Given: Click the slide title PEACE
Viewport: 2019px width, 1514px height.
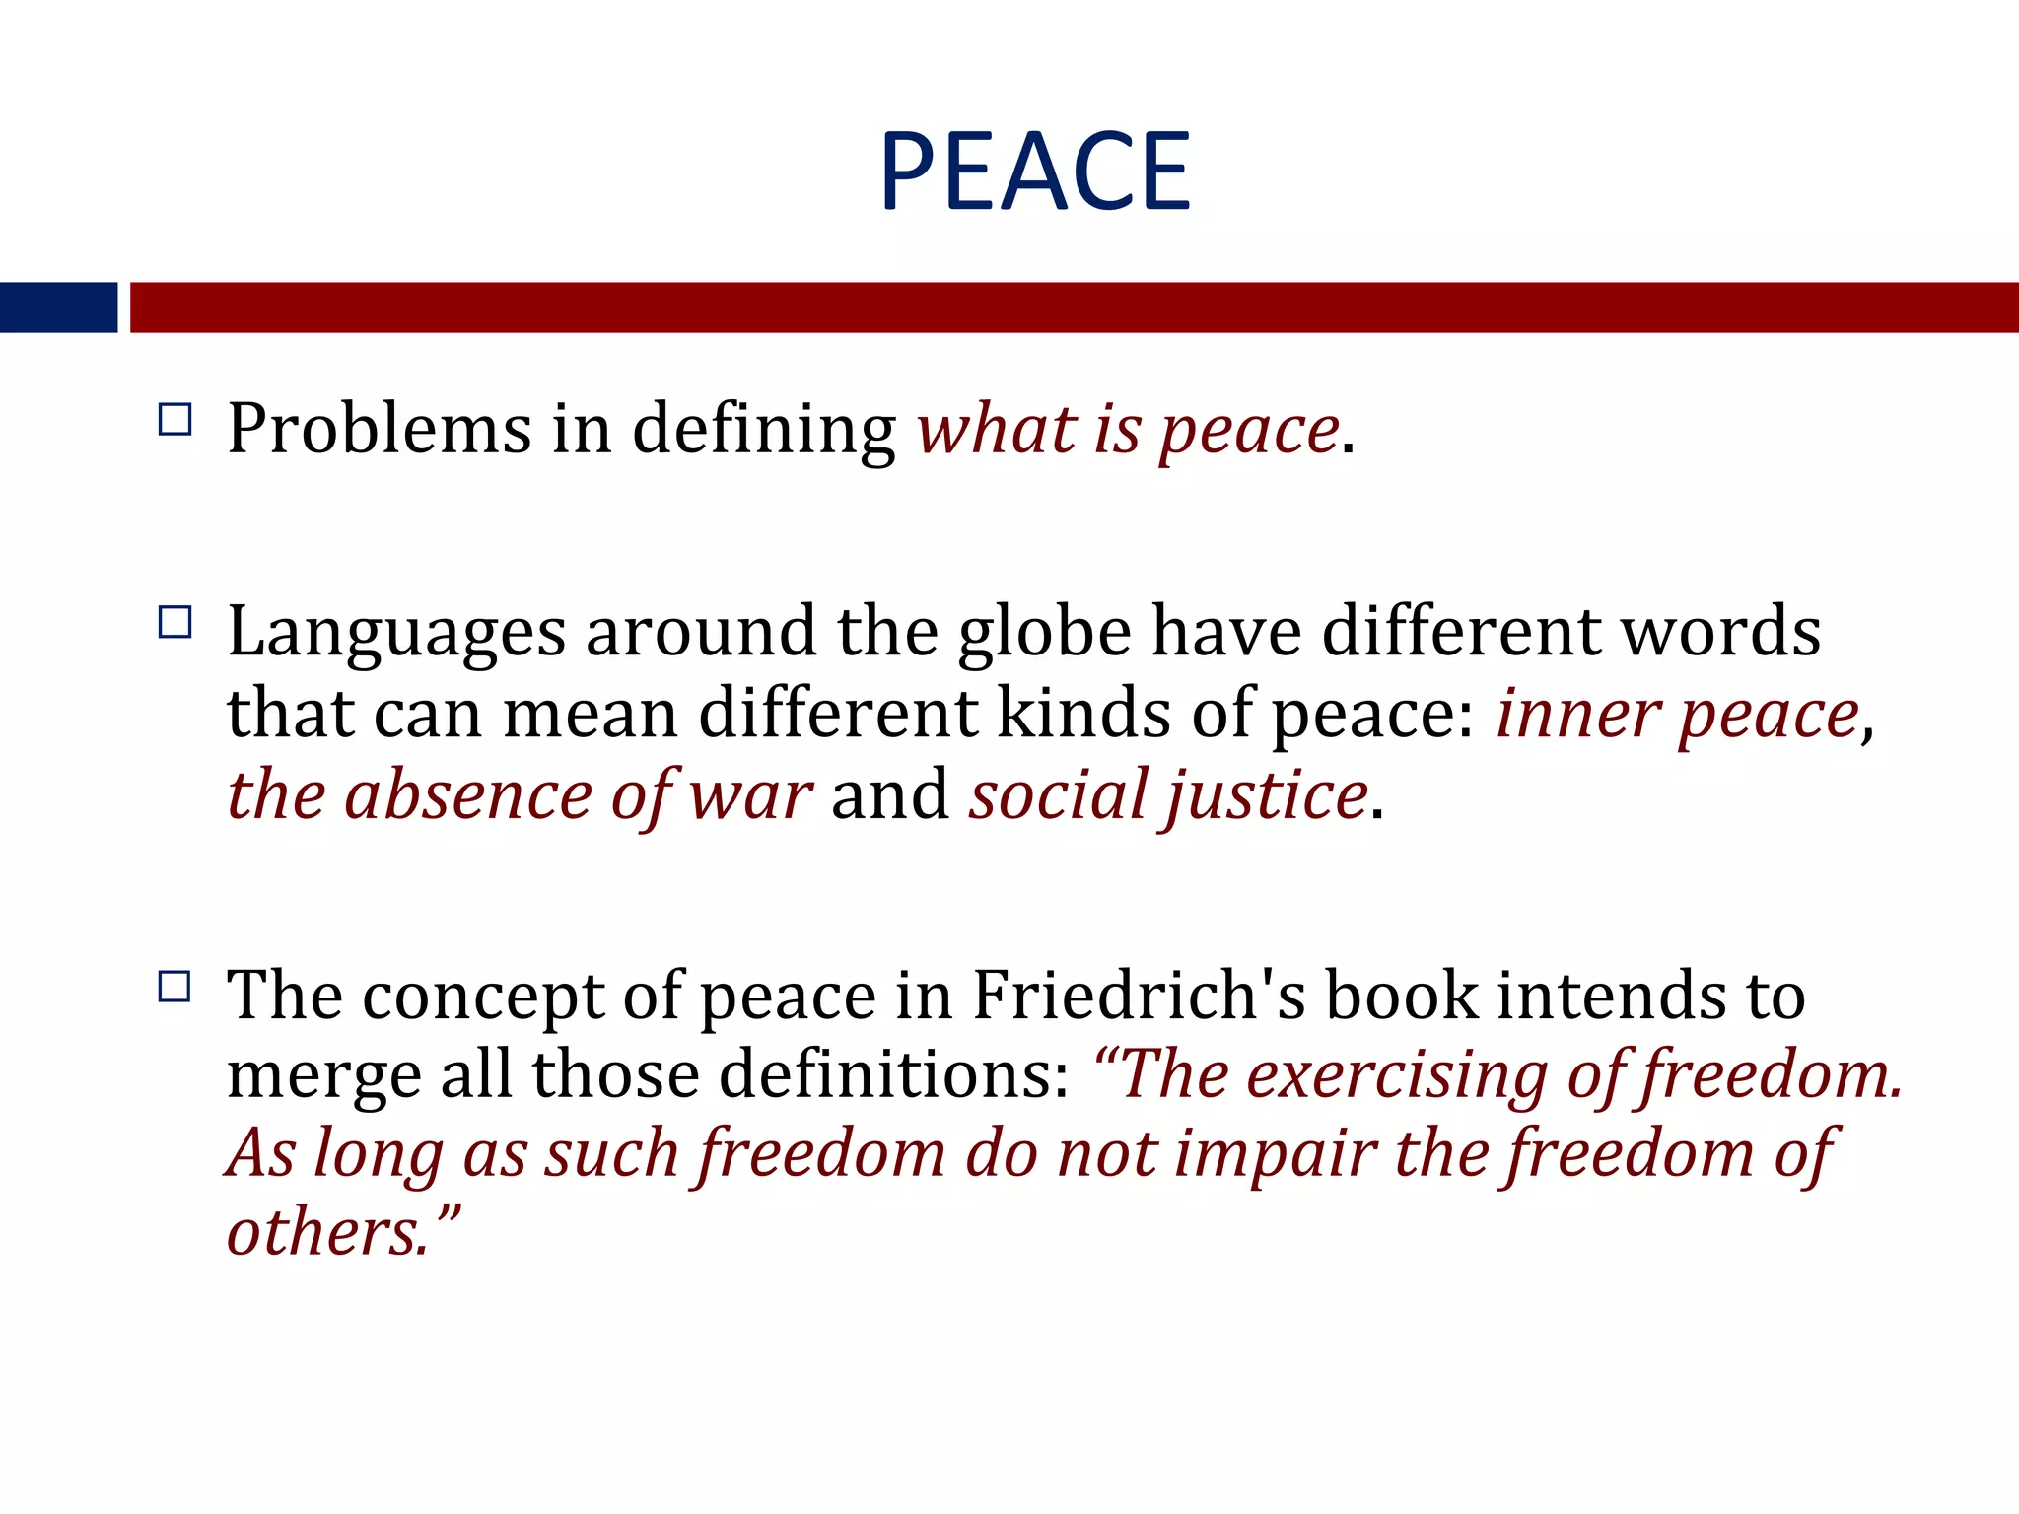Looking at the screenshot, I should (1035, 172).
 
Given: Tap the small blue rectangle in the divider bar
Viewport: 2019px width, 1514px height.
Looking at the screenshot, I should (58, 308).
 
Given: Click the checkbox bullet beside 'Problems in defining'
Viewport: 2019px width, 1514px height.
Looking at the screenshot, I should (174, 420).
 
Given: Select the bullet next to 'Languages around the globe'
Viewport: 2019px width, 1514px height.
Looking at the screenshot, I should (174, 623).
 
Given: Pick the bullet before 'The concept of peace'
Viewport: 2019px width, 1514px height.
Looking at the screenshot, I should (174, 987).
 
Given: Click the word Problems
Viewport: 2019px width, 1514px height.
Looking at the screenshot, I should (380, 430).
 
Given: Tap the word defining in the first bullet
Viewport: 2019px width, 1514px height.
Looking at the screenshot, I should (763, 432).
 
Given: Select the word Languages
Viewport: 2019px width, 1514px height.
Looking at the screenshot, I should (396, 633).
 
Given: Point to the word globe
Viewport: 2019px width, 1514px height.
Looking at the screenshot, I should (1044, 633).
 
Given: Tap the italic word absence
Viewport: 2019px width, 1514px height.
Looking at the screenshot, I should (468, 794).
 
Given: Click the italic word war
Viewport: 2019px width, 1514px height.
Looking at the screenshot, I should (750, 794).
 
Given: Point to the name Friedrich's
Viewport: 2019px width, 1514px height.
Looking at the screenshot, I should (1139, 995).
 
